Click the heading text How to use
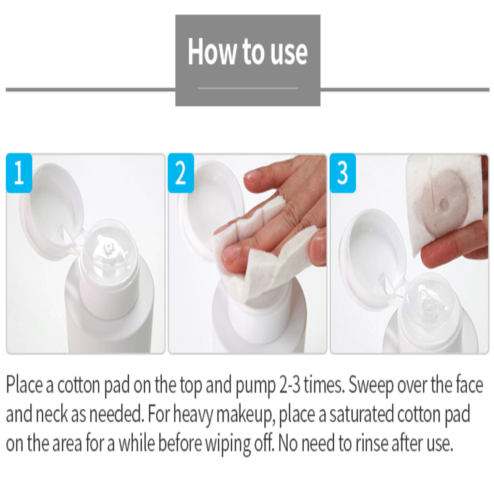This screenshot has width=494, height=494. pyautogui.click(x=248, y=51)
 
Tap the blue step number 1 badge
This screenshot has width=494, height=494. pyautogui.click(x=19, y=173)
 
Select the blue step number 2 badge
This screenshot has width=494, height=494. pyautogui.click(x=180, y=173)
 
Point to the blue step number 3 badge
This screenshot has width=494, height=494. pyautogui.click(x=343, y=173)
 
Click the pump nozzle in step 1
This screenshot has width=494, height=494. pyautogui.click(x=108, y=246)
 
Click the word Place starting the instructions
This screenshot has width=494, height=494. pyautogui.click(x=24, y=385)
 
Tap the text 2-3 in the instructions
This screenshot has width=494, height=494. pyautogui.click(x=290, y=385)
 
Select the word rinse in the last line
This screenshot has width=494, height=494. pyautogui.click(x=372, y=443)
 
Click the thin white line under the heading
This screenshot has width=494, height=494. pyautogui.click(x=248, y=88)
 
